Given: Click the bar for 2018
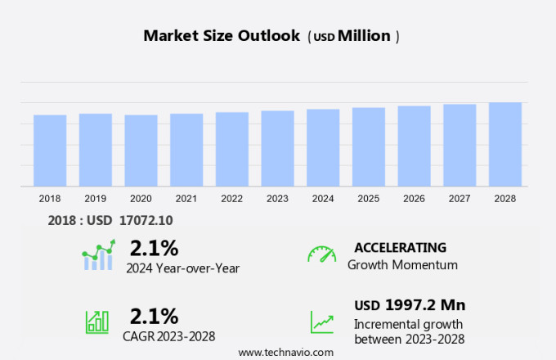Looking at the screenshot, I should point(50,151).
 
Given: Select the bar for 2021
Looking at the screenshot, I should point(186,150).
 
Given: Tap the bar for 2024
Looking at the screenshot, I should point(323,148).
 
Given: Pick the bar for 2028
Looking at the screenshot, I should point(505,145).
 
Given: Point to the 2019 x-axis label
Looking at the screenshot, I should point(96,199).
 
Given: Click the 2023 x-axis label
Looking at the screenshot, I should point(278,199).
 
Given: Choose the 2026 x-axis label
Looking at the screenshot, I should point(415,199).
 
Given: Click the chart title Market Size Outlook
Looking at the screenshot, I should point(222,36).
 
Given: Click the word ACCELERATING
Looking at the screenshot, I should point(400,247).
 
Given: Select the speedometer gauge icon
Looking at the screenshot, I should point(321,254).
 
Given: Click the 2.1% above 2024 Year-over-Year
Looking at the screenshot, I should point(154,247).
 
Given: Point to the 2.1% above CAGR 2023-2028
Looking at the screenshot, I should point(154,316).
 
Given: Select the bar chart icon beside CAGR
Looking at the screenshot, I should point(96,322).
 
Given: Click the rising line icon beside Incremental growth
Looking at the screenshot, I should point(321,322).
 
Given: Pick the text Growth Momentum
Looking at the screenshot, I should point(402,264).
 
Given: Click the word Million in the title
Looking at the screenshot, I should point(364,36).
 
